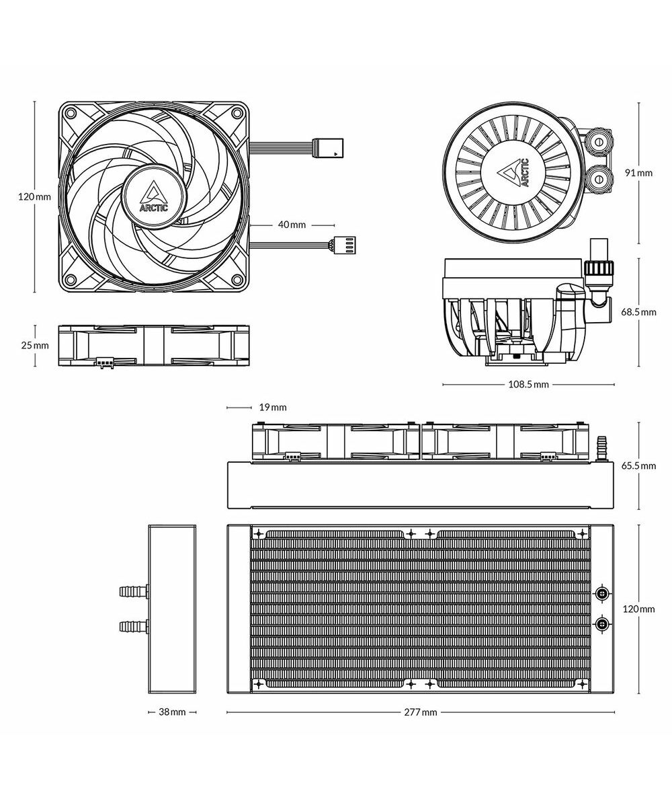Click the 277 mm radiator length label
click(421, 712)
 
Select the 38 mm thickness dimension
click(172, 712)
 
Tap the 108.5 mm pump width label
click(528, 384)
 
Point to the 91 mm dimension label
click(638, 173)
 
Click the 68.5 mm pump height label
click(638, 312)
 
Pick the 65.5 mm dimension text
click(638, 465)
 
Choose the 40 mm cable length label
click(292, 225)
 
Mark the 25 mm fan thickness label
click(35, 345)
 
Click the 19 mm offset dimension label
click(273, 407)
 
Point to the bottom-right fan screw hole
click(237, 280)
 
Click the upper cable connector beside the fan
click(329, 147)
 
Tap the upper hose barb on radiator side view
click(133, 592)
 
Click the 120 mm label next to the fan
click(35, 196)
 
